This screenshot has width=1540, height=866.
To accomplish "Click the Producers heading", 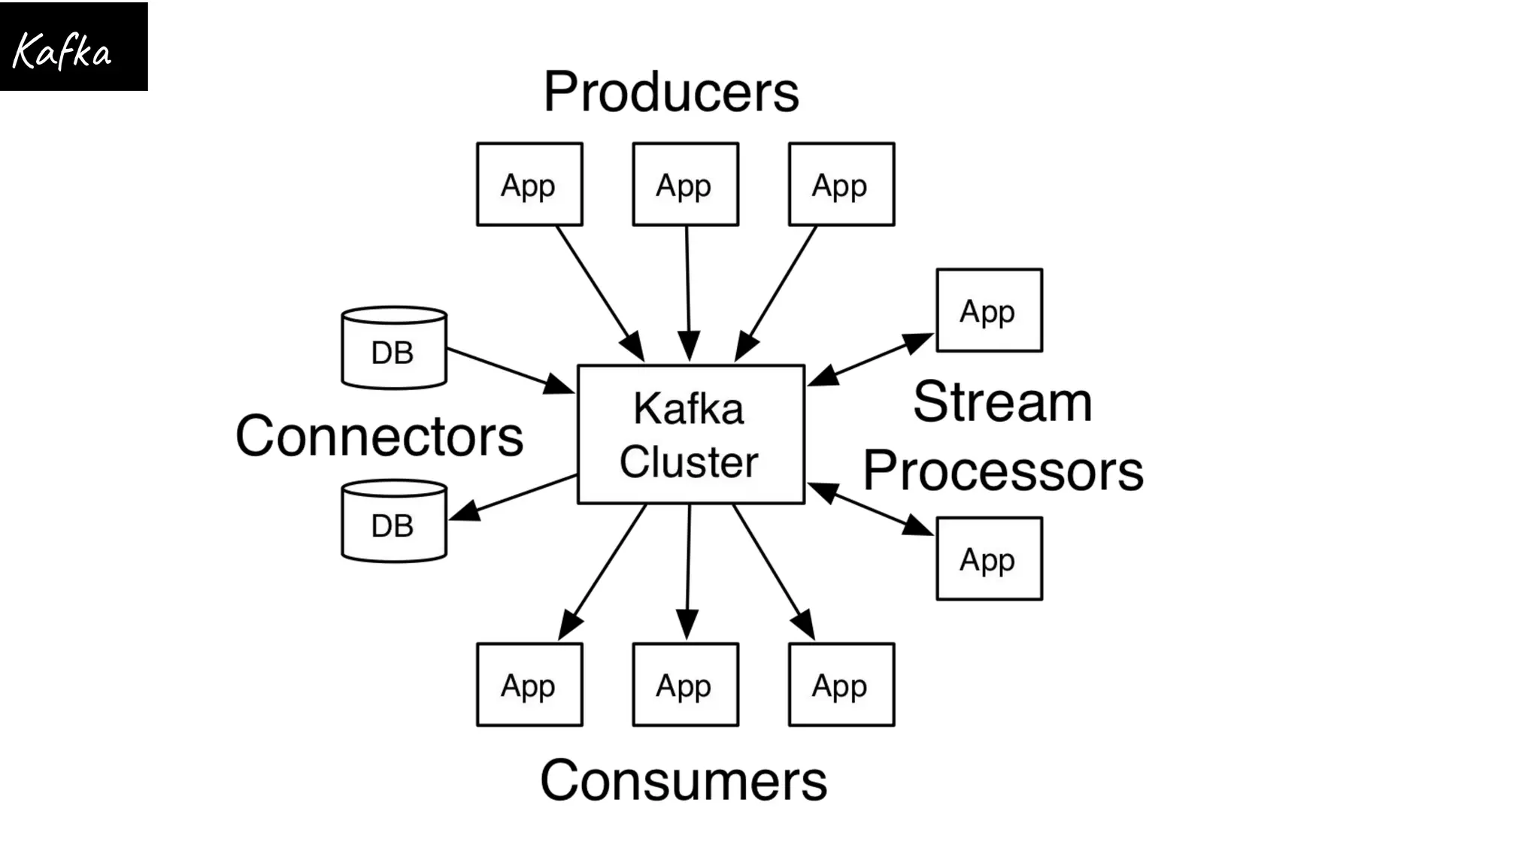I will pyautogui.click(x=671, y=92).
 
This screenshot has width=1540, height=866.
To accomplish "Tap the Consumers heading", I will pyautogui.click(x=684, y=780).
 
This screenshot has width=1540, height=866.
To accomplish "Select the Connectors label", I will pyautogui.click(x=379, y=436).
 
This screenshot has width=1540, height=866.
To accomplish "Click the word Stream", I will pyautogui.click(x=1002, y=402).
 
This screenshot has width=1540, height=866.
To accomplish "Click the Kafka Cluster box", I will pyautogui.click(x=690, y=435).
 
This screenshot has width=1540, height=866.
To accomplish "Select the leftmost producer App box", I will pyautogui.click(x=529, y=184).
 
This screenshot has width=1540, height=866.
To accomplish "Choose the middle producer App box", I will pyautogui.click(x=685, y=184).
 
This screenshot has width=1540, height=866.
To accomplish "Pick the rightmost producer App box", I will pyautogui.click(x=841, y=184).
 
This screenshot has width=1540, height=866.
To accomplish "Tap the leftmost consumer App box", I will pyautogui.click(x=529, y=684).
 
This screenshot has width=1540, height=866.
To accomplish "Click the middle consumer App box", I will pyautogui.click(x=685, y=684).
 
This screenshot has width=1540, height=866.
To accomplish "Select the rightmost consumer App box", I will pyautogui.click(x=841, y=684).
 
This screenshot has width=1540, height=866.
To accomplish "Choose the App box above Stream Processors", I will pyautogui.click(x=989, y=310).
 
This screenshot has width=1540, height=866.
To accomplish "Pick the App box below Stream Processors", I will pyautogui.click(x=989, y=559).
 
